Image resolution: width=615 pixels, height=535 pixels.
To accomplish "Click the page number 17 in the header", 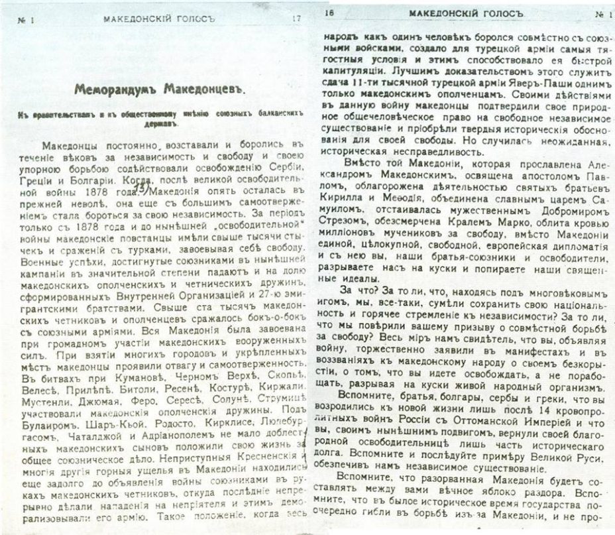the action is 296,19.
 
